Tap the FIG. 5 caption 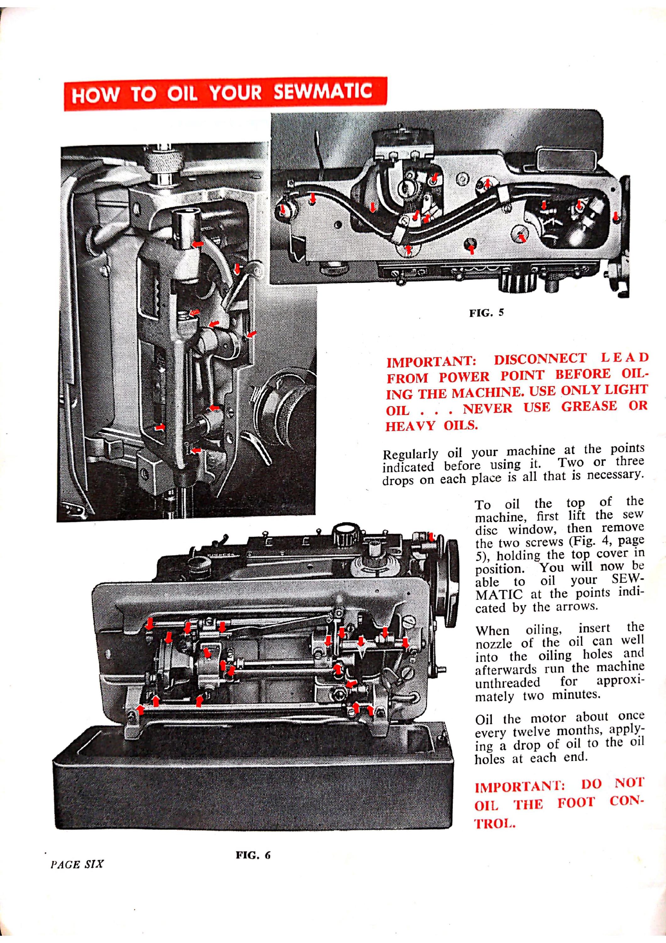486,313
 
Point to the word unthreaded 508,682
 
